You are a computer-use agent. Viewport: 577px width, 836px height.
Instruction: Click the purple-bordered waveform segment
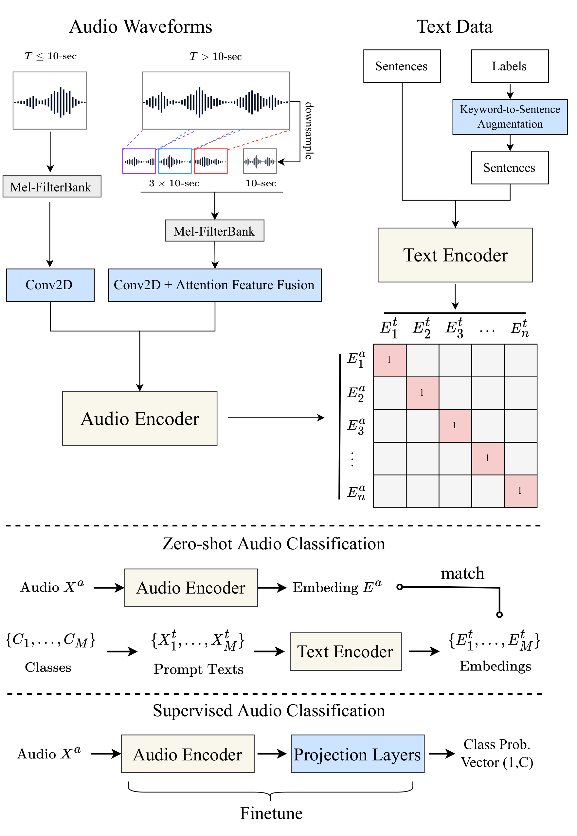[139, 161]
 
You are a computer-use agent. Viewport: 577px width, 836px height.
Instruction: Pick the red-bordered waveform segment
[211, 161]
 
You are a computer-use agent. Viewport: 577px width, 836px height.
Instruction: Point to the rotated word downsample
[308, 131]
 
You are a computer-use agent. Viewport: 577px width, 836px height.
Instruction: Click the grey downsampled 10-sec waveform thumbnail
[260, 161]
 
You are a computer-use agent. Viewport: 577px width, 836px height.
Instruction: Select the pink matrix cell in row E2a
[422, 393]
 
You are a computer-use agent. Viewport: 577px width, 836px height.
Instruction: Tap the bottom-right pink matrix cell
[520, 491]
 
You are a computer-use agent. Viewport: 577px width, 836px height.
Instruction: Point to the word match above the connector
[462, 573]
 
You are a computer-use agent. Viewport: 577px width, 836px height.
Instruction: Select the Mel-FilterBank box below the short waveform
[52, 187]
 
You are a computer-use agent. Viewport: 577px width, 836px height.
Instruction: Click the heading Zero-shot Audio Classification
[273, 543]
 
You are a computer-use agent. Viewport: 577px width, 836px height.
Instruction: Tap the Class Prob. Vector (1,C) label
[497, 753]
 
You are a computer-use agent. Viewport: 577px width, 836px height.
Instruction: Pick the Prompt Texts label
[198, 669]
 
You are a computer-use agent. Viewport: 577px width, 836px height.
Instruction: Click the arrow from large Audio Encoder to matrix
[276, 418]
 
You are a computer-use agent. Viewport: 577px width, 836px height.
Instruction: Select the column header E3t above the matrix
[455, 328]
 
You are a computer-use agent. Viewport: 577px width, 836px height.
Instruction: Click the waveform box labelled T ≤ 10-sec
[50, 100]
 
